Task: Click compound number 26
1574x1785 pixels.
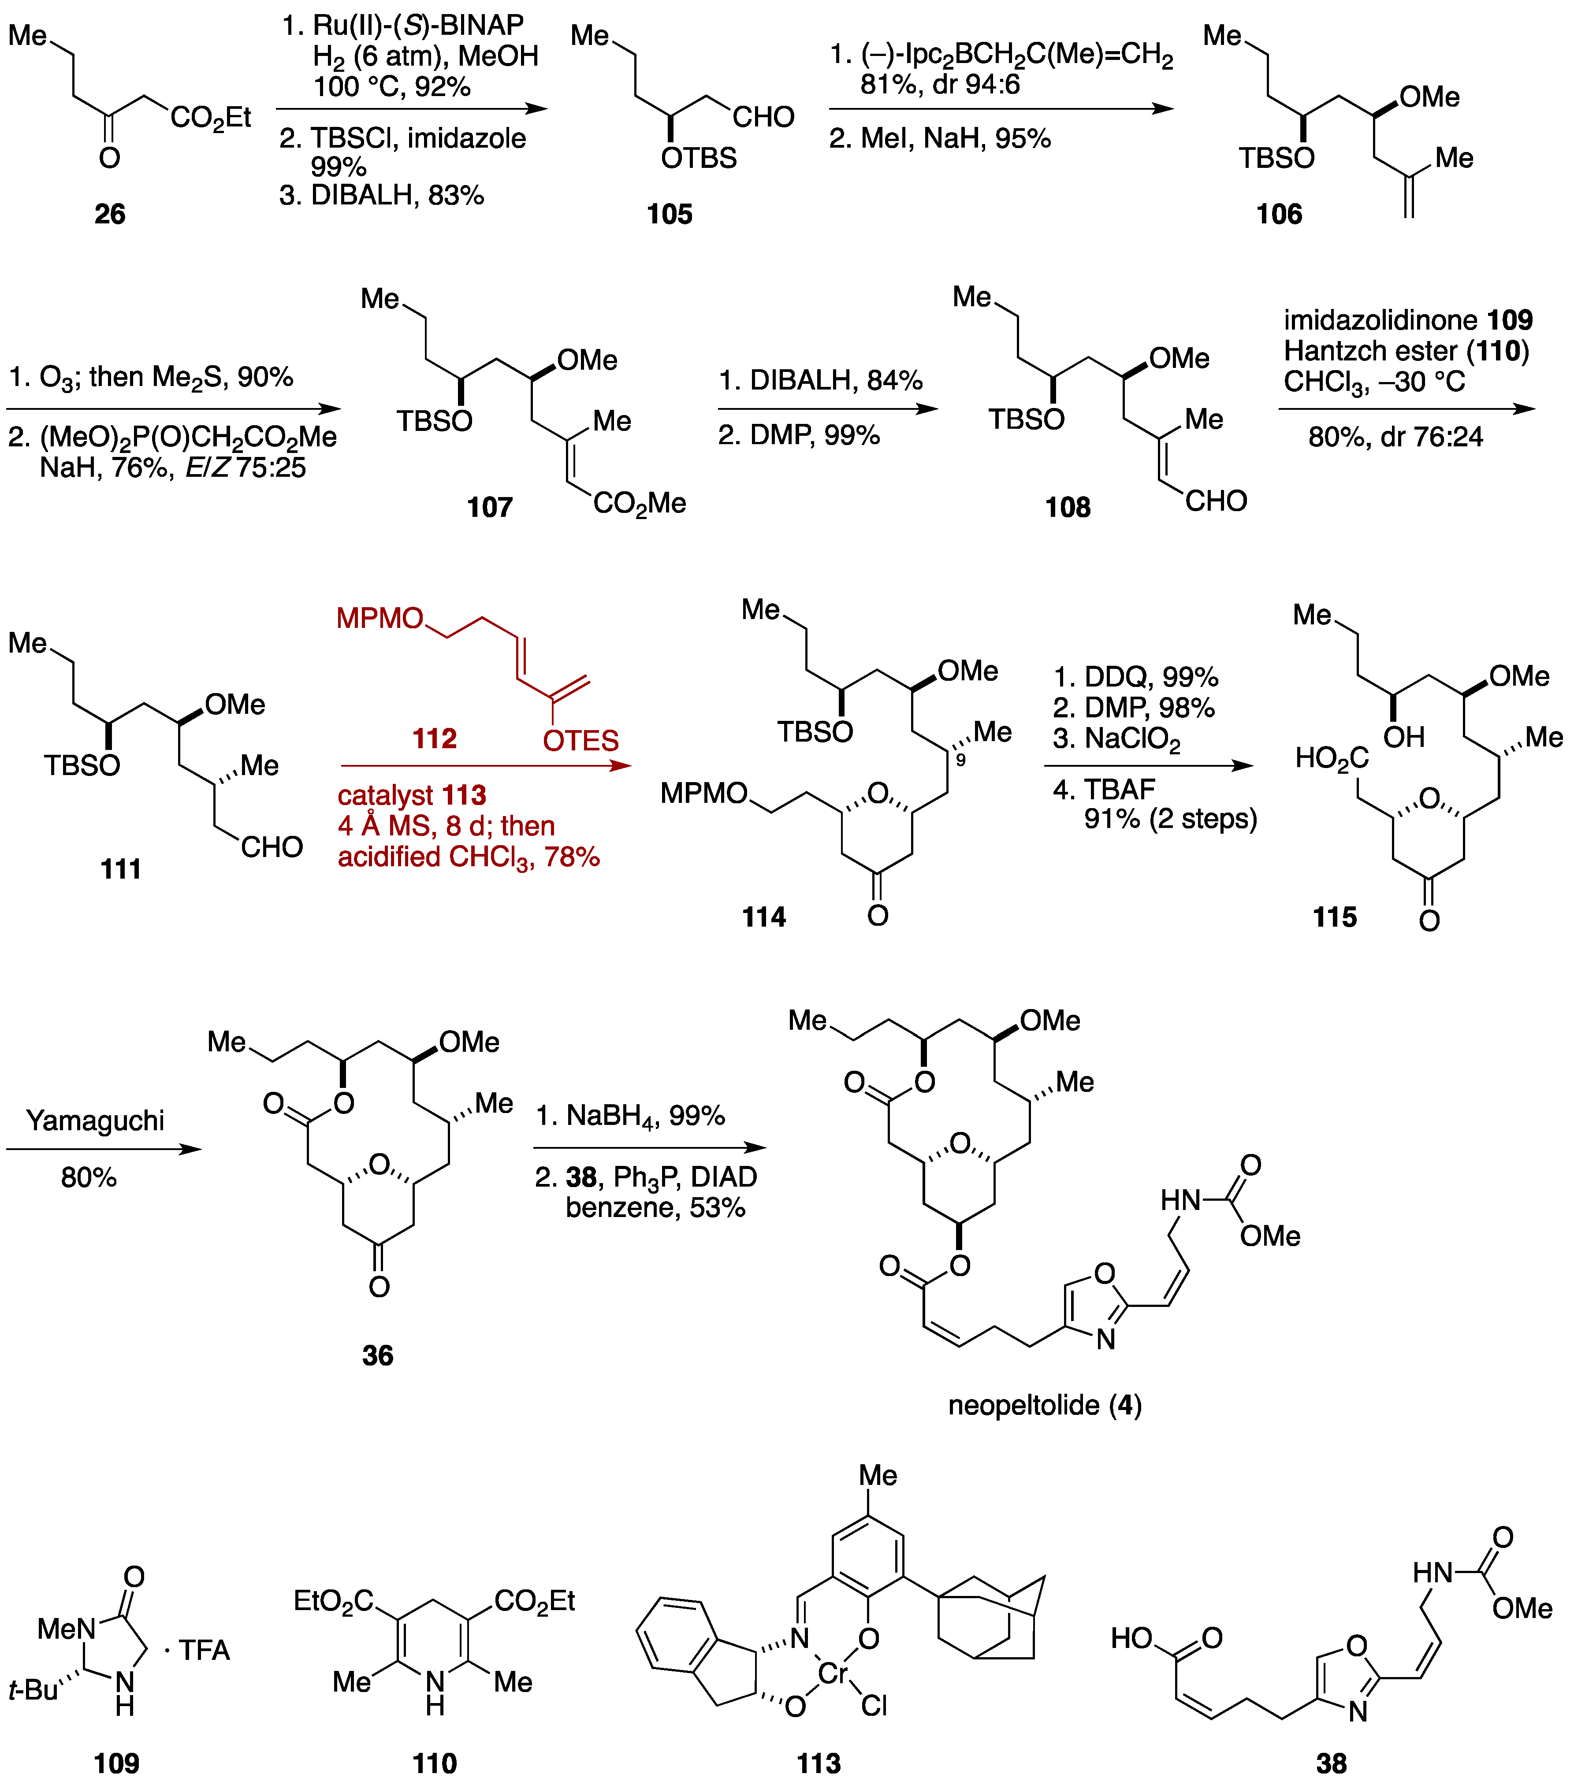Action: click(x=110, y=214)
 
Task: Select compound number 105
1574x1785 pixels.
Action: click(x=669, y=214)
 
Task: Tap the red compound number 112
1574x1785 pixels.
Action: click(x=434, y=739)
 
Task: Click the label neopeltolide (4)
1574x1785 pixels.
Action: click(x=1045, y=1405)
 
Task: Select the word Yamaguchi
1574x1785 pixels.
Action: click(x=95, y=1121)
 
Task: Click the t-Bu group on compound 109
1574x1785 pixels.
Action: click(x=33, y=1690)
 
